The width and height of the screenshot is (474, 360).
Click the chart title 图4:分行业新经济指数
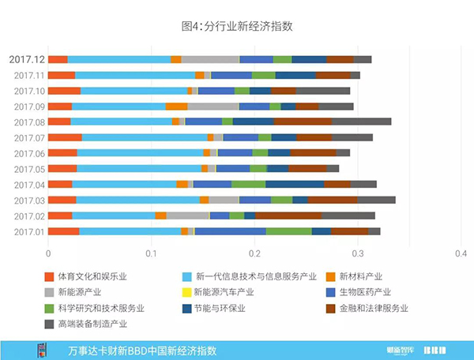238,27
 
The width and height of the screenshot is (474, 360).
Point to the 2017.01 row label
29,231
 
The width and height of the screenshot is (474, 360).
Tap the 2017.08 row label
29,122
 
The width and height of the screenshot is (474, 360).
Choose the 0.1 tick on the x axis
151,253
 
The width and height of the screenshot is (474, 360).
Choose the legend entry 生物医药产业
365,292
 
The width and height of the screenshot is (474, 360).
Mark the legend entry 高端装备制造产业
96,324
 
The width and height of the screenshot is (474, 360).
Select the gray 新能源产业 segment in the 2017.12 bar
210,59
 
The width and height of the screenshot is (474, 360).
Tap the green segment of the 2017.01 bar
288,231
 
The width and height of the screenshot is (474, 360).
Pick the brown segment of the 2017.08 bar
303,122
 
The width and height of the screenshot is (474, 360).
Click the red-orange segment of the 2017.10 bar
64,91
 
